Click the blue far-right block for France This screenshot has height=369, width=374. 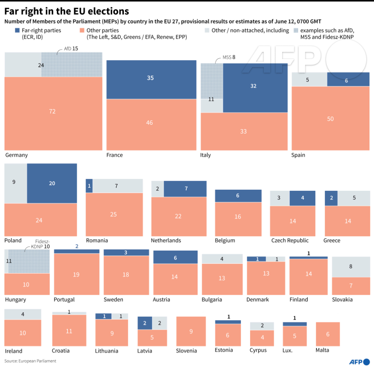pyautogui.click(x=152, y=79)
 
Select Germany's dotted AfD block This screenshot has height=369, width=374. pyautogui.click(x=72, y=65)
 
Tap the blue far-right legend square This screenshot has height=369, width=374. pyautogui.click(x=17, y=30)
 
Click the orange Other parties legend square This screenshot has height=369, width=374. pyautogui.click(x=82, y=30)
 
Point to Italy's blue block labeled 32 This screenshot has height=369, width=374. pyautogui.click(x=255, y=88)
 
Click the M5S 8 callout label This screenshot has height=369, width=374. pyautogui.click(x=229, y=57)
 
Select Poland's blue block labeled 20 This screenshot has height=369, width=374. pyautogui.click(x=52, y=183)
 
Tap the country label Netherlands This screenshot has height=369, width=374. pyautogui.click(x=166, y=240)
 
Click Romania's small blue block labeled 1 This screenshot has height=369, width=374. pyautogui.click(x=89, y=186)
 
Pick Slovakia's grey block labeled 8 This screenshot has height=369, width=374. pyautogui.click(x=351, y=267)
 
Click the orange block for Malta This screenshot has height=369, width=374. pyautogui.click(x=328, y=334)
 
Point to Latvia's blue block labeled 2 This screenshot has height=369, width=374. pyautogui.click(x=145, y=323)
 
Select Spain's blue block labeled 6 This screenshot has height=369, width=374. pyautogui.click(x=348, y=79)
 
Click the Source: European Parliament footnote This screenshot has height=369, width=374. pyautogui.click(x=30, y=361)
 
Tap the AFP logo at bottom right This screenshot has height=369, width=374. pyautogui.click(x=360, y=362)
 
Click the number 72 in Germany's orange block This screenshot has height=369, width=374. pyautogui.click(x=52, y=111)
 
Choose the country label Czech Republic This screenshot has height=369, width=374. pyautogui.click(x=290, y=240)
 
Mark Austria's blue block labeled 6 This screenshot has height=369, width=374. pyautogui.click(x=175, y=257)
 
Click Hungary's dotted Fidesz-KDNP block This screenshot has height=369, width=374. pyautogui.click(x=29, y=261)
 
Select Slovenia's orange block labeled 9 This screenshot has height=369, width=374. pyautogui.click(x=191, y=331)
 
